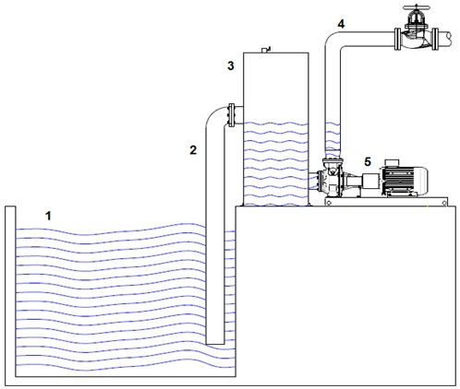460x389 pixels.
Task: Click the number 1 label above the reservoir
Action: click(x=48, y=216)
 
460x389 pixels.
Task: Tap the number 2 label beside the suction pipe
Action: click(x=193, y=150)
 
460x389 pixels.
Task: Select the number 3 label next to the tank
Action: click(x=231, y=65)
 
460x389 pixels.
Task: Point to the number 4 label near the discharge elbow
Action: click(x=341, y=24)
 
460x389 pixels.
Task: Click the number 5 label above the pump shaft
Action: click(x=368, y=161)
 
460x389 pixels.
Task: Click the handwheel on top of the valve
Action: click(x=417, y=8)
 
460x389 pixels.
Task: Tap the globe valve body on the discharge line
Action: click(x=416, y=39)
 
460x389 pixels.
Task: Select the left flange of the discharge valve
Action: click(x=397, y=39)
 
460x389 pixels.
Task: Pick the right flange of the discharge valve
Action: click(x=435, y=39)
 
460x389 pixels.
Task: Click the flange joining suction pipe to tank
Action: click(x=232, y=115)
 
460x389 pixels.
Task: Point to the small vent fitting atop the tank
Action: click(x=265, y=50)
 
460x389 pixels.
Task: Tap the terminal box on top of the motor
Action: click(x=391, y=162)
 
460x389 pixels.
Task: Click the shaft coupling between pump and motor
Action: click(x=371, y=181)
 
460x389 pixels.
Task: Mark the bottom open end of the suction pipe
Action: click(x=215, y=344)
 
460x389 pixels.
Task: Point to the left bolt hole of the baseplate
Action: click(x=329, y=202)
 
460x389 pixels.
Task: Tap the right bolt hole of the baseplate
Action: click(x=444, y=203)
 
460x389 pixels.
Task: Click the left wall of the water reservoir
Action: click(x=10, y=291)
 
